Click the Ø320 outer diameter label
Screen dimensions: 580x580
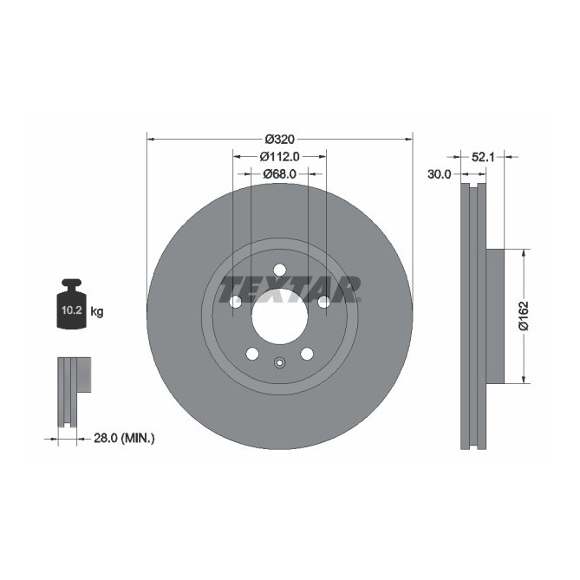[280, 139]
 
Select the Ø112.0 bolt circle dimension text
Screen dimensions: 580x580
[280, 156]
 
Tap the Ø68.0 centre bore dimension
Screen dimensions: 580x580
[280, 173]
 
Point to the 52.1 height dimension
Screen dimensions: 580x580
[483, 156]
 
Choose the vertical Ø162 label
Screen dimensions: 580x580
[523, 316]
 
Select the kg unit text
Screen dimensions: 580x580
[97, 311]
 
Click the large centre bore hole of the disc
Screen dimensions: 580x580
[279, 316]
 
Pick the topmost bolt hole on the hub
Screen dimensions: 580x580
[279, 270]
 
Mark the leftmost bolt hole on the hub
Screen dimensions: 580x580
[235, 302]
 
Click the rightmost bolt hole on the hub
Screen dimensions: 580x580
[323, 302]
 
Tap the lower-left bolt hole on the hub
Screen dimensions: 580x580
[252, 353]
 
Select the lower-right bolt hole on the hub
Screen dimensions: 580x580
[306, 353]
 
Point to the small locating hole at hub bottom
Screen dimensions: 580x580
[279, 363]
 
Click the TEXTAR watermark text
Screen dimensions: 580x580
[290, 289]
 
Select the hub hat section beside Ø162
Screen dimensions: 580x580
[494, 316]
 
